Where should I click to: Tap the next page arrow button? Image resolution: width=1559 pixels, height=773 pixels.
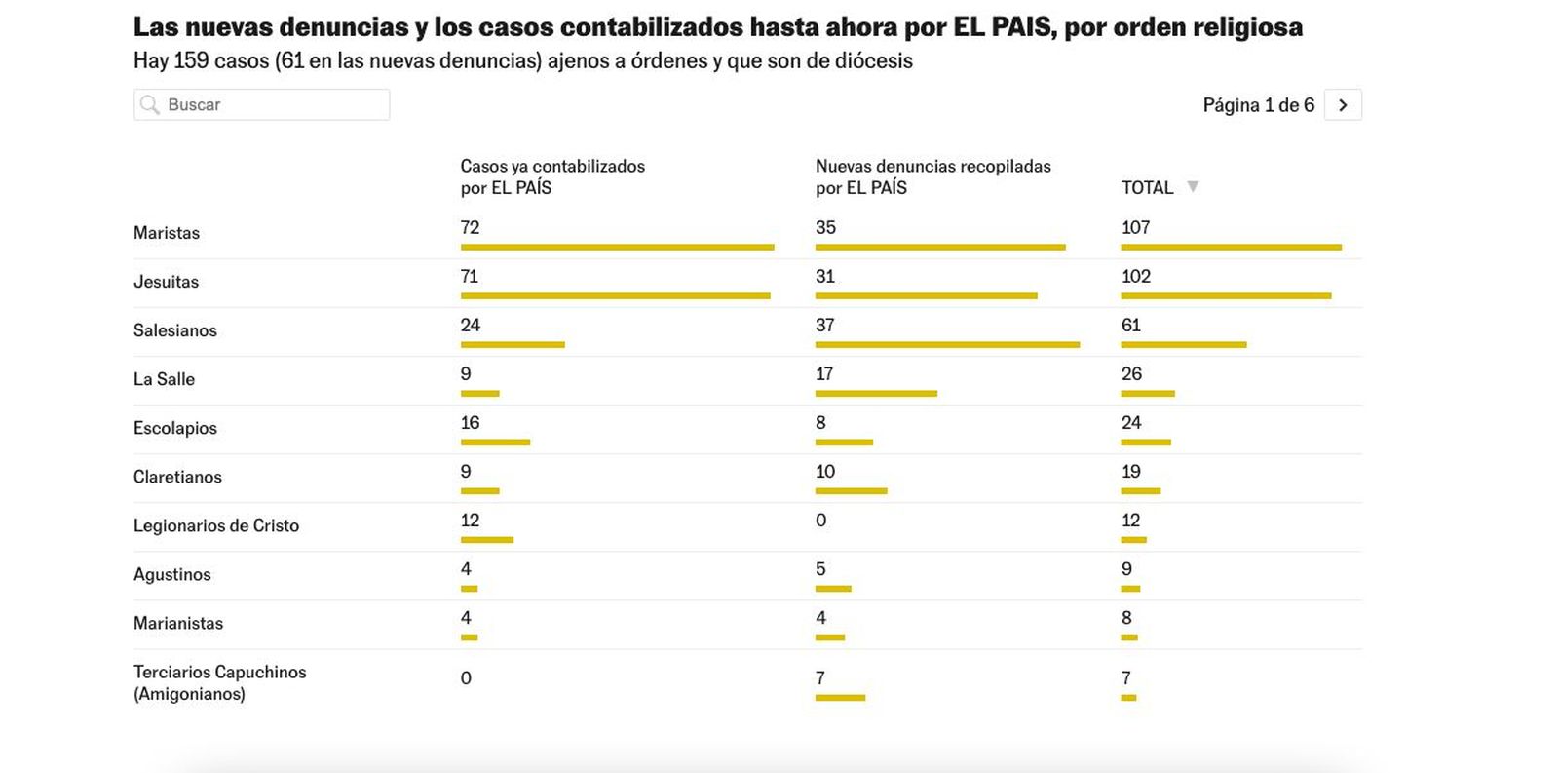point(1343,105)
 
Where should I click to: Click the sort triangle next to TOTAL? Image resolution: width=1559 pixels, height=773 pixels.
point(1192,186)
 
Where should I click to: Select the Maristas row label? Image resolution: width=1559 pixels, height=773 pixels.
point(167,233)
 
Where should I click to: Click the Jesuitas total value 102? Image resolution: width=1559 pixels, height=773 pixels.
point(1136,276)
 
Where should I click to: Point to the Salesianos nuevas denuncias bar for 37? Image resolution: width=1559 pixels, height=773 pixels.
point(947,344)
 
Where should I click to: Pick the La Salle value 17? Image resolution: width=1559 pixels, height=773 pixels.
point(824,373)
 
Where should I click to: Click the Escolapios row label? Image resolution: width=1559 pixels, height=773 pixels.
point(175,428)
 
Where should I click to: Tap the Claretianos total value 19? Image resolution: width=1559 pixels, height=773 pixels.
point(1131,471)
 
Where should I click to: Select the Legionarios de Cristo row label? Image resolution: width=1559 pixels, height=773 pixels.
point(216,525)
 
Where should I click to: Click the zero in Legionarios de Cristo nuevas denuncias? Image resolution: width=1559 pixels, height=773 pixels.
point(820,520)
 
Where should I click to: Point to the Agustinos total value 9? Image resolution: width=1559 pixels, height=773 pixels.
point(1126,568)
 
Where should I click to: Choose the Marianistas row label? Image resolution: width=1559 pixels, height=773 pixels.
point(178,623)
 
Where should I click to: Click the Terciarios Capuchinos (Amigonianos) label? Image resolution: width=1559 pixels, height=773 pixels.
point(219,682)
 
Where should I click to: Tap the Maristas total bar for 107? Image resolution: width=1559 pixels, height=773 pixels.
point(1231,247)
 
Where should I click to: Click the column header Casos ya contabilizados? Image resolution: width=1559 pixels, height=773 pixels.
point(552,176)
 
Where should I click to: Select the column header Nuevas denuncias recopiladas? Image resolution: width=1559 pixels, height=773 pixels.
point(932,176)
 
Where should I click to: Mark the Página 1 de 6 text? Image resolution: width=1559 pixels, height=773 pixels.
point(1258,105)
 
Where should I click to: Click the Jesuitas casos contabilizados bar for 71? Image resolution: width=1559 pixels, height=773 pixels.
point(615,295)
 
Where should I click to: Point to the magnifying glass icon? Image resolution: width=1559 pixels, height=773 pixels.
point(149,104)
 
